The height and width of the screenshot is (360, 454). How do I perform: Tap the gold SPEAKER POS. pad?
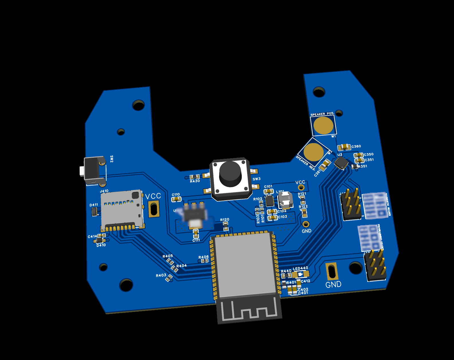tap(323, 125)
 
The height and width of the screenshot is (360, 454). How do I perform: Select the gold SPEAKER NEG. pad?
tap(313, 152)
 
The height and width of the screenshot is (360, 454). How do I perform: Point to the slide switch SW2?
tap(93, 171)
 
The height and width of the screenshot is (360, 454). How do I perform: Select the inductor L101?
tap(285, 200)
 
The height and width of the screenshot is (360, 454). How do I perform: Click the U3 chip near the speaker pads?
tap(341, 163)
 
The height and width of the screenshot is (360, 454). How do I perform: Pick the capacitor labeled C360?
tap(344, 147)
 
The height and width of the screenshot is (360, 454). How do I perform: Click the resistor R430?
tap(194, 177)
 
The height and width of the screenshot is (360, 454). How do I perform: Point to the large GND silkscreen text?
tap(333, 284)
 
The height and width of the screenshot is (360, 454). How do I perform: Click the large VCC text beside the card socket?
tap(153, 196)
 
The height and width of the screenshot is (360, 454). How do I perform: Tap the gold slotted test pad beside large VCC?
tap(154, 209)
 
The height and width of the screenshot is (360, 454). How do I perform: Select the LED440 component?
tap(300, 274)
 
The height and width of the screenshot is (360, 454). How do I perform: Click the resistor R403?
tap(169, 278)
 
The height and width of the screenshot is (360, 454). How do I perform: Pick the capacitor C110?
tap(176, 199)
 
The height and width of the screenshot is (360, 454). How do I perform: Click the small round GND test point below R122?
tap(306, 224)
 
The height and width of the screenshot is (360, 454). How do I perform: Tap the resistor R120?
tap(226, 226)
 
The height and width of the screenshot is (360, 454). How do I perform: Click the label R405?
tap(168, 256)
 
